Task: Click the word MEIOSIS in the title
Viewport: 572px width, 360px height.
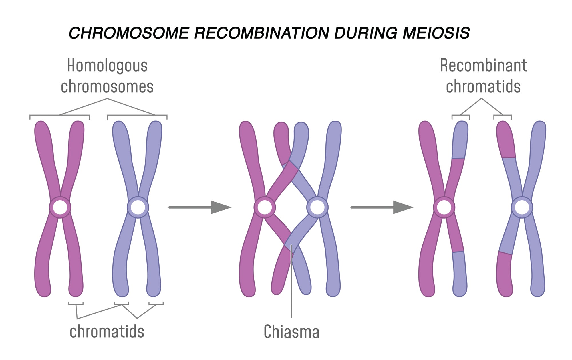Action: click(436, 33)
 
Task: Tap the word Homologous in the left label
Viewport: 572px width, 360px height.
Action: click(107, 66)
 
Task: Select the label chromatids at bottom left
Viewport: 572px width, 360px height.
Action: click(107, 331)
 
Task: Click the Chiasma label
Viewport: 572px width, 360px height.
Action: click(291, 331)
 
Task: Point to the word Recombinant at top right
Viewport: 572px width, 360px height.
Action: click(483, 65)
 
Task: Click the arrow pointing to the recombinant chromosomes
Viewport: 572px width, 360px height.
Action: click(382, 207)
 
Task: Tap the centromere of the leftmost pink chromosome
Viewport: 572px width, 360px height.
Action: click(60, 207)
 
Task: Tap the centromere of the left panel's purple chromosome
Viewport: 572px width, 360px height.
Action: click(138, 207)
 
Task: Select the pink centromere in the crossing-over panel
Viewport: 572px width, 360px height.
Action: click(265, 207)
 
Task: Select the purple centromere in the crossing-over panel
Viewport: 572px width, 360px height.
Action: click(317, 207)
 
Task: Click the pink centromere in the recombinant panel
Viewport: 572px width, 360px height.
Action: click(444, 207)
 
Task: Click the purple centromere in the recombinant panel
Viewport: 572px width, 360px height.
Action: click(522, 207)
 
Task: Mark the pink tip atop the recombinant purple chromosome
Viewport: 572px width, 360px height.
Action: click(506, 140)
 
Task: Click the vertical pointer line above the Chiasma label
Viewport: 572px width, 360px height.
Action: click(291, 286)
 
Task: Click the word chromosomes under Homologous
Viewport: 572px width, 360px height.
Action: click(107, 87)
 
